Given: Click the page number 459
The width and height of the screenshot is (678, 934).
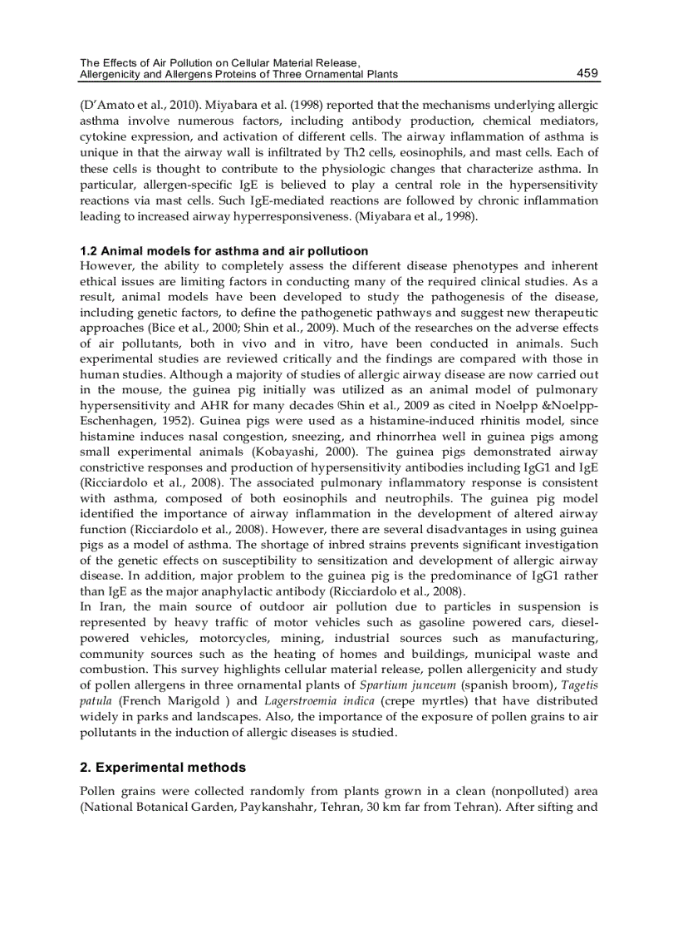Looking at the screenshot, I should click(587, 73).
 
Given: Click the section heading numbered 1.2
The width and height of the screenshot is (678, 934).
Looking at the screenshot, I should click(224, 250).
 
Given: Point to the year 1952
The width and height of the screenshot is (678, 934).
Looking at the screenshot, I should click(179, 421).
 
